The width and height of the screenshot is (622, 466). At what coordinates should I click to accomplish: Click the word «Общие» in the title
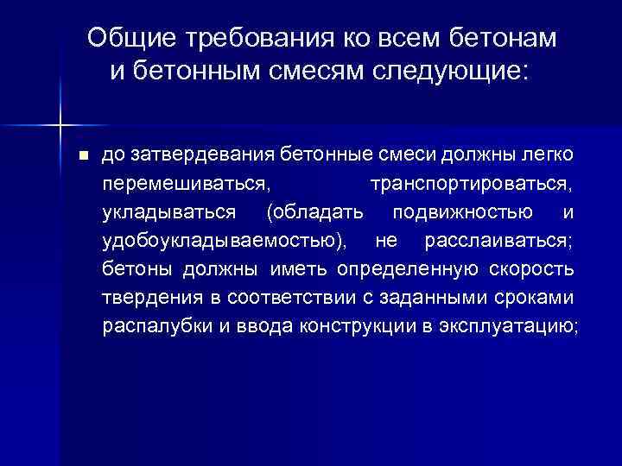pyautogui.click(x=129, y=38)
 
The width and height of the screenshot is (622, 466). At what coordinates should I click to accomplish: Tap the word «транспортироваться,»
pyautogui.click(x=471, y=185)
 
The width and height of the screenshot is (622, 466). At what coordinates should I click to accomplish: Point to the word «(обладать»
pyautogui.click(x=316, y=212)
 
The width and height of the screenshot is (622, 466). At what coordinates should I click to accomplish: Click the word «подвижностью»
pyautogui.click(x=462, y=212)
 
